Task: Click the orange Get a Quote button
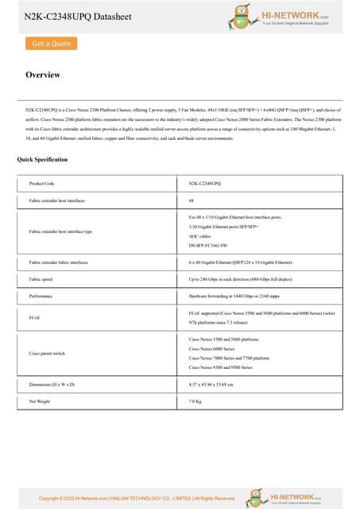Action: pyautogui.click(x=51, y=44)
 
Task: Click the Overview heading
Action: pyautogui.click(x=43, y=75)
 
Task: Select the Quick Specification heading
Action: pyautogui.click(x=42, y=160)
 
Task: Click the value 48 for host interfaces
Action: pyautogui.click(x=192, y=200)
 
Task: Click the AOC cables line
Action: pyautogui.click(x=202, y=236)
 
